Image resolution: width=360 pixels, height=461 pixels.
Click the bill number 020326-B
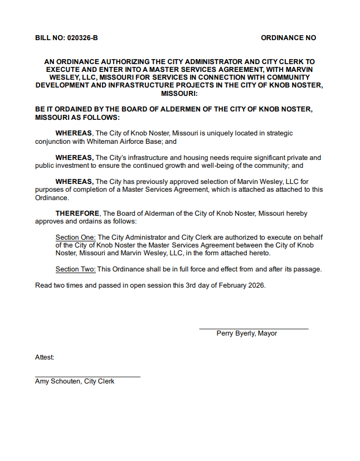82,38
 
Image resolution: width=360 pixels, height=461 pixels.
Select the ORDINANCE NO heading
288,38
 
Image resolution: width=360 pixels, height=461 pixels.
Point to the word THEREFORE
77,213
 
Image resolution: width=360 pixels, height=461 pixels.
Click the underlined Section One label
76,237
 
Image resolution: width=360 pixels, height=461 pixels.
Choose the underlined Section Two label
76,269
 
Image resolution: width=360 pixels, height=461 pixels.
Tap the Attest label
45,357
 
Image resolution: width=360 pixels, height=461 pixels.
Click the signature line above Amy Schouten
87,377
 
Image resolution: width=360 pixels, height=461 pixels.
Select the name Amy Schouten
57,381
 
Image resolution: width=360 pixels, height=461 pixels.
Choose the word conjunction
52,142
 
